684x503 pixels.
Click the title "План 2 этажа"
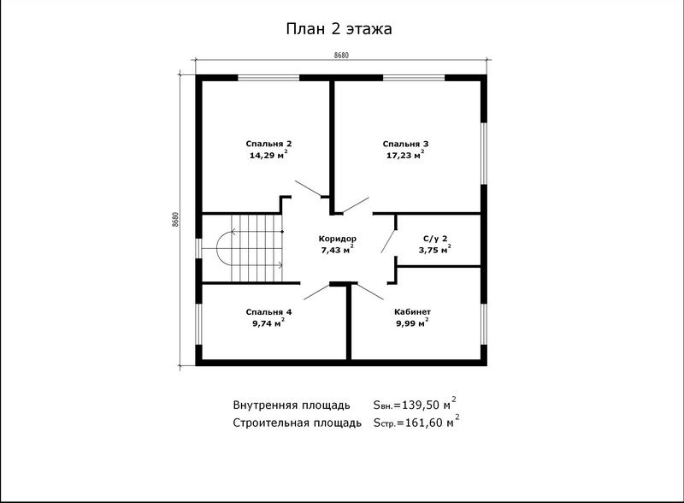(x=339, y=29)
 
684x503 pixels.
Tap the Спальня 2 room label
(x=268, y=144)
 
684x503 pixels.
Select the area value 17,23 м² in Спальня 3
(x=405, y=155)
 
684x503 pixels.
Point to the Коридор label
(x=337, y=239)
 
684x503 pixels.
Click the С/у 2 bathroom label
(x=435, y=239)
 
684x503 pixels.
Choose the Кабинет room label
(x=412, y=311)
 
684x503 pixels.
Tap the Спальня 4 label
(x=268, y=311)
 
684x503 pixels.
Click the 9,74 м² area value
(x=268, y=323)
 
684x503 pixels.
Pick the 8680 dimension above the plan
(x=341, y=55)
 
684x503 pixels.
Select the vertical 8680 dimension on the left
(x=175, y=220)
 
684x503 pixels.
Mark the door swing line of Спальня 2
(x=308, y=188)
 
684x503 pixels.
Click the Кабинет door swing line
(x=370, y=291)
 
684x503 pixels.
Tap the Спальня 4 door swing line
(x=316, y=291)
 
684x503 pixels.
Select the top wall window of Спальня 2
(x=268, y=78)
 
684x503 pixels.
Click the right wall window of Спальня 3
(x=483, y=153)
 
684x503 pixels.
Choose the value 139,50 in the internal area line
(x=420, y=405)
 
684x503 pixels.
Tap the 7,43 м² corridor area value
(x=337, y=249)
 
